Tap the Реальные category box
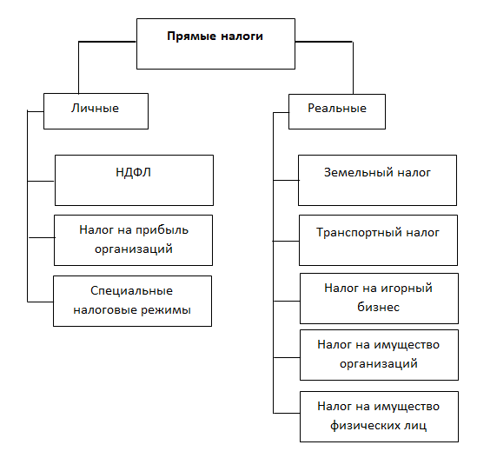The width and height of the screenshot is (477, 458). pos(336,110)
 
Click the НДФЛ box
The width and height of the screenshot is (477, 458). pos(134,180)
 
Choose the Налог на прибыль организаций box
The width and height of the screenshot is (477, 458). pos(133,240)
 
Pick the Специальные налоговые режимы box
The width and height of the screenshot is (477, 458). pos(132,301)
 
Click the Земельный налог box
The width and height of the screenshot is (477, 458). pos(378,180)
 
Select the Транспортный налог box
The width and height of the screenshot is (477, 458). pos(378,241)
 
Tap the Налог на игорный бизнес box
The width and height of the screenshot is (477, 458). pos(378,297)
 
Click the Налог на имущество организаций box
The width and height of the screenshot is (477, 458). pos(378,355)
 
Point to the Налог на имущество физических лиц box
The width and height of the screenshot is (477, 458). pos(378,416)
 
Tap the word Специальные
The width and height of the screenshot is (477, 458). pos(132,291)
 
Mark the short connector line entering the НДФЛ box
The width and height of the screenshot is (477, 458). pos(41,182)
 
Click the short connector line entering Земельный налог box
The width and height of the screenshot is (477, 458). pos(286,180)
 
